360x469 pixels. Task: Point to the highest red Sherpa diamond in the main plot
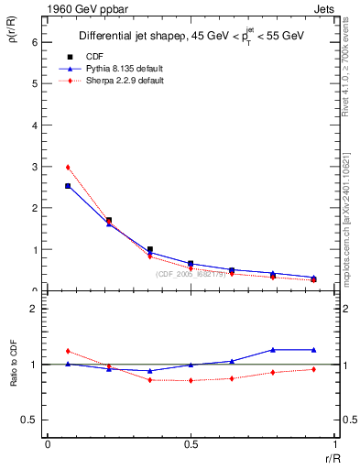pyautogui.click(x=68, y=168)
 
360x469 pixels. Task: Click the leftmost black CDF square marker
pyautogui.click(x=68, y=186)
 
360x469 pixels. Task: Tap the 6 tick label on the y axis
pyautogui.click(x=34, y=42)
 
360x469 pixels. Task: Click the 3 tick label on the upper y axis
pyautogui.click(x=34, y=167)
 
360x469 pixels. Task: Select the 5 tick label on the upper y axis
pyautogui.click(x=34, y=83)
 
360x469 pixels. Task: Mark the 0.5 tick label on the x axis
pyautogui.click(x=191, y=445)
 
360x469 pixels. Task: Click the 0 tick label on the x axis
pyautogui.click(x=48, y=445)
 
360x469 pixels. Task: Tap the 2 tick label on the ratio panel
pyautogui.click(x=34, y=309)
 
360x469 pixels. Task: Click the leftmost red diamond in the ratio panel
pyautogui.click(x=68, y=351)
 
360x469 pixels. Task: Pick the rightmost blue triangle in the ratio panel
pyautogui.click(x=313, y=349)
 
